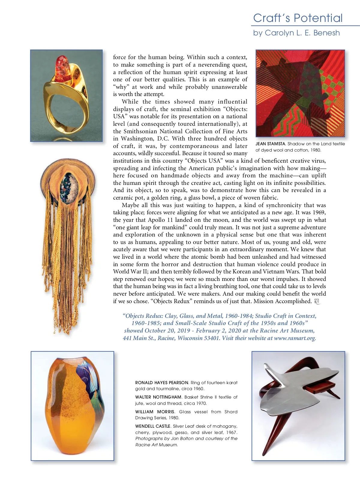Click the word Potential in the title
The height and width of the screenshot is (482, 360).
pyautogui.click(x=318, y=18)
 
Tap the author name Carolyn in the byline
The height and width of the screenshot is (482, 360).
pyautogui.click(x=278, y=33)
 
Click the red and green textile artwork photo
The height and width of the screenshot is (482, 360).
pyautogui.click(x=300, y=93)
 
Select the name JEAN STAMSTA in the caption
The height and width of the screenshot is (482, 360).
pyautogui.click(x=270, y=144)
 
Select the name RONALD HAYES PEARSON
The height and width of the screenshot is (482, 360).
pyautogui.click(x=162, y=383)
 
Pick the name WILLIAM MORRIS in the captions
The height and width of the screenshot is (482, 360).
pyautogui.click(x=154, y=412)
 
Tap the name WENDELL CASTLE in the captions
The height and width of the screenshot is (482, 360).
pyautogui.click(x=153, y=426)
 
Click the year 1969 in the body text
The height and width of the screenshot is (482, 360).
pyautogui.click(x=318, y=212)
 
